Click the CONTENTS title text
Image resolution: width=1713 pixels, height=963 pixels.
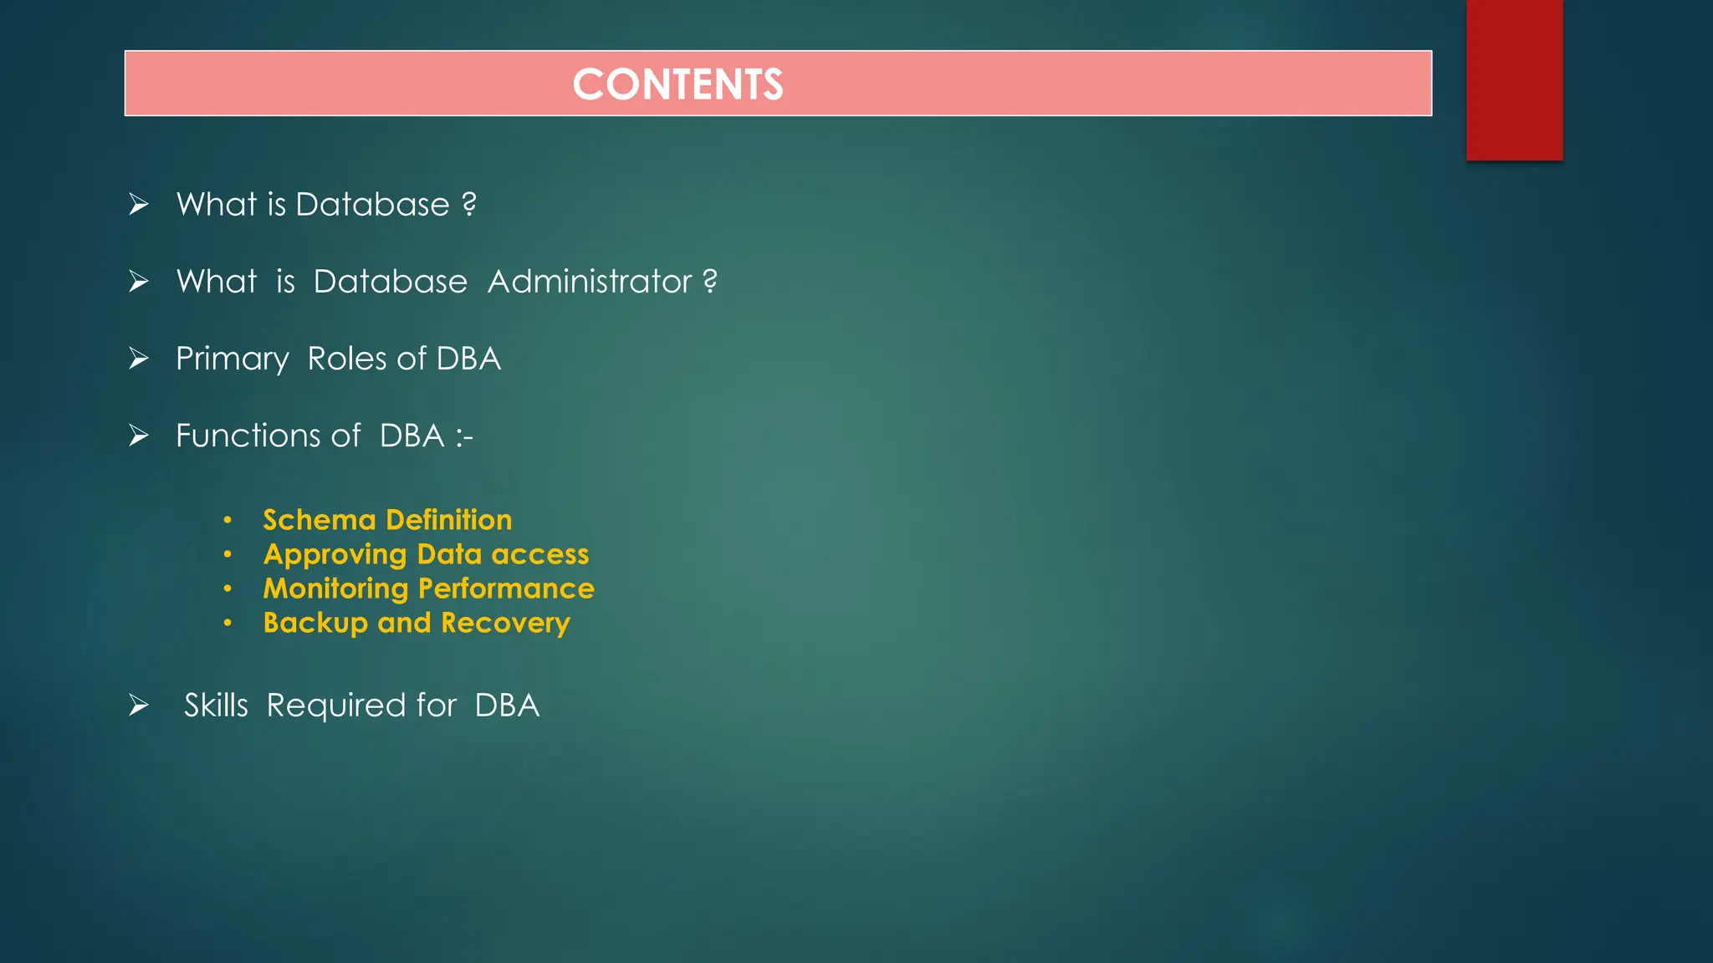pyautogui.click(x=678, y=84)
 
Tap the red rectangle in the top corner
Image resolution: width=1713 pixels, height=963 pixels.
pyautogui.click(x=1514, y=79)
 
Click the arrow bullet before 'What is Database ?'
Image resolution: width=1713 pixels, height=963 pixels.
pyautogui.click(x=139, y=204)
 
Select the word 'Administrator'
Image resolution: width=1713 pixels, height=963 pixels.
pyautogui.click(x=590, y=282)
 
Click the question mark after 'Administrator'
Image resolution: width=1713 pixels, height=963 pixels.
pyautogui.click(x=710, y=281)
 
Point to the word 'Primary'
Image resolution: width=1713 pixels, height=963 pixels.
pyautogui.click(x=232, y=359)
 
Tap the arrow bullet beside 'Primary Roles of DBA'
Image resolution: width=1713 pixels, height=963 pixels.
pyautogui.click(x=139, y=359)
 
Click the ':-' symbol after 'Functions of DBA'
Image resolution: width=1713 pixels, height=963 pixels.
pyautogui.click(x=465, y=436)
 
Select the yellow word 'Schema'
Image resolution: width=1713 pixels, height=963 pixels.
pyautogui.click(x=320, y=520)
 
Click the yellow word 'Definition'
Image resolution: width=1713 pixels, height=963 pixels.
pyautogui.click(x=449, y=520)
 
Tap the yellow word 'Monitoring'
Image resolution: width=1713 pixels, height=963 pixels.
pyautogui.click(x=335, y=589)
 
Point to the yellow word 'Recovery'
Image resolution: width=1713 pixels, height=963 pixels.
pyautogui.click(x=505, y=624)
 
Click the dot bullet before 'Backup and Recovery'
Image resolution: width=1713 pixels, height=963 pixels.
pyautogui.click(x=228, y=623)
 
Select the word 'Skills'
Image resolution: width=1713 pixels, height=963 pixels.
pyautogui.click(x=216, y=706)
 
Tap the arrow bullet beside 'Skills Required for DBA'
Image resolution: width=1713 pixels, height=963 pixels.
pyautogui.click(x=139, y=706)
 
